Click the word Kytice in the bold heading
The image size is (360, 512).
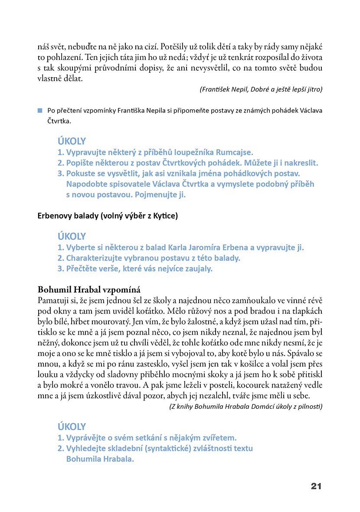(x=163, y=215)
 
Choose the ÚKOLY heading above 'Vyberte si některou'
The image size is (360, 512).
(x=72, y=237)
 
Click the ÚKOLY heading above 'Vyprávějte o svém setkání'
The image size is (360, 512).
(x=72, y=427)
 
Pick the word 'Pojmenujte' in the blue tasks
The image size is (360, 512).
(x=160, y=195)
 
